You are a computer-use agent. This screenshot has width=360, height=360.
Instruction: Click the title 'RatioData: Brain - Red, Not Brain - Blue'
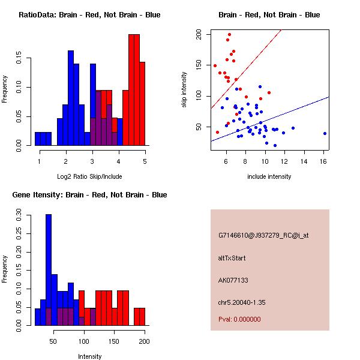[x=89, y=15]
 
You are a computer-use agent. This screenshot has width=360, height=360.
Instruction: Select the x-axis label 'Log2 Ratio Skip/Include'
[x=89, y=176]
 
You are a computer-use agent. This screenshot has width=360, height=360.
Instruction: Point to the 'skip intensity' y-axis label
[x=185, y=90]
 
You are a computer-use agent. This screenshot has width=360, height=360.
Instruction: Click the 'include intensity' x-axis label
[x=269, y=176]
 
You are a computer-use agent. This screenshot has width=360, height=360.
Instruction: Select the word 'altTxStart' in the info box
[x=232, y=258]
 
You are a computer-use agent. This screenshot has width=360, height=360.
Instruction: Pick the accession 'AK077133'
[x=233, y=280]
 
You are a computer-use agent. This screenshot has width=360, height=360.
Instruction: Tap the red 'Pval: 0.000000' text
[x=239, y=319]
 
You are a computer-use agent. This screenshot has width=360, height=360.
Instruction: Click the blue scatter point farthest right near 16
[x=325, y=133]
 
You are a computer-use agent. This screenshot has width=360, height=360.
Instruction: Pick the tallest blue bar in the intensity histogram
[x=49, y=270]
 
